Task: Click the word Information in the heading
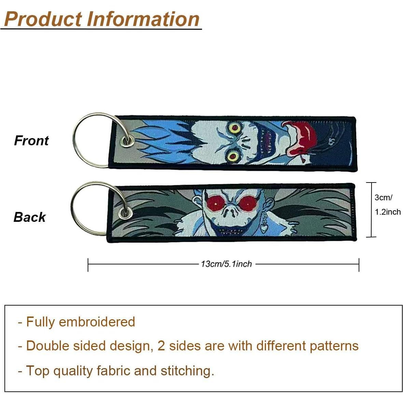(x=144, y=19)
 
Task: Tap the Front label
(x=31, y=140)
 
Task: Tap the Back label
(x=29, y=217)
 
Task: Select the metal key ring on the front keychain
(x=77, y=149)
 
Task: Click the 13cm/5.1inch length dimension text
(x=226, y=264)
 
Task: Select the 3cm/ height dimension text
(x=383, y=197)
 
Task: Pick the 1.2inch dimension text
(x=388, y=212)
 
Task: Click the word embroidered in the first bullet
(x=97, y=322)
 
